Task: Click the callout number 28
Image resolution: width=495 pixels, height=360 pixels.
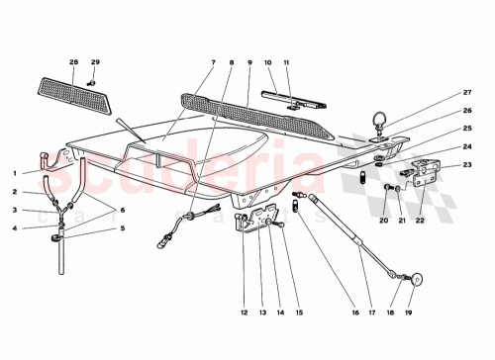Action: coord(74,63)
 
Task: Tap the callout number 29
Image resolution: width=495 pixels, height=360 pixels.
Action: coord(96,63)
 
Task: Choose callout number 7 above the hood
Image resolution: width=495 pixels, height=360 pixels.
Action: coord(212,63)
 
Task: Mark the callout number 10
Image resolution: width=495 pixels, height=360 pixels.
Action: coord(269,63)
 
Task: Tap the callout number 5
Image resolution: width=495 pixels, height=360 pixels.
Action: coord(123,227)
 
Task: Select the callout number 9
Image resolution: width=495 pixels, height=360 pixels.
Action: coord(249,63)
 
